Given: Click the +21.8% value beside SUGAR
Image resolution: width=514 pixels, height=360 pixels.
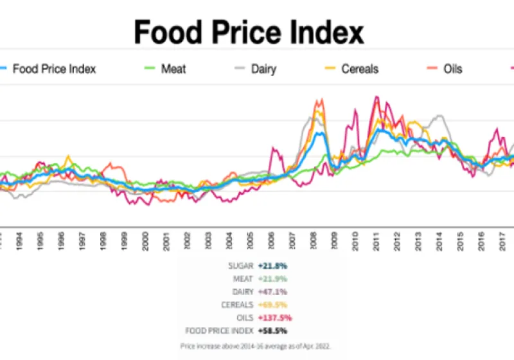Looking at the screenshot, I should (x=272, y=265).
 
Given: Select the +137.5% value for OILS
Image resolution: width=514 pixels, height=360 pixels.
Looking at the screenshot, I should (x=274, y=318).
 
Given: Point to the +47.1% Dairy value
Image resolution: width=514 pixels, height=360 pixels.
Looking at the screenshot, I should (x=272, y=291).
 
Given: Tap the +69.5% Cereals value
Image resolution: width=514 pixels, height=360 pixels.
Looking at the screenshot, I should (x=272, y=305).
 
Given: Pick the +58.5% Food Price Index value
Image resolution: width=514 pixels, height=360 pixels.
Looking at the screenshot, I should (x=272, y=330).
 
